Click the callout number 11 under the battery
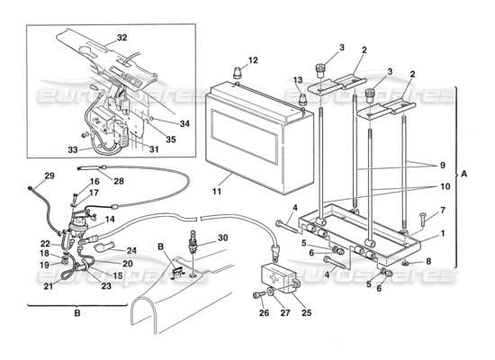point(219,191)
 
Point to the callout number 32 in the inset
point(122,40)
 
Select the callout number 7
point(440,211)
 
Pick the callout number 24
point(130,251)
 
